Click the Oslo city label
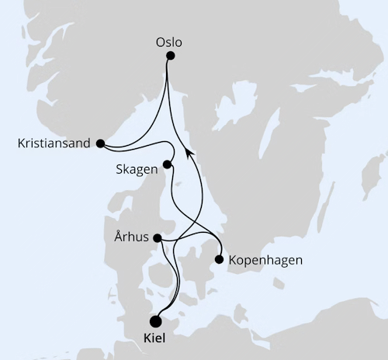pos(171,42)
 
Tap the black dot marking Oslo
pos(171,56)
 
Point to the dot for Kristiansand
pos(100,143)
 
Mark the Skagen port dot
pos(167,165)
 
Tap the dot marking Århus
pos(158,238)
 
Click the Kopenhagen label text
pos(266,260)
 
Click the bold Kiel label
pos(155,338)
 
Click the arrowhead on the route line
pos(190,155)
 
